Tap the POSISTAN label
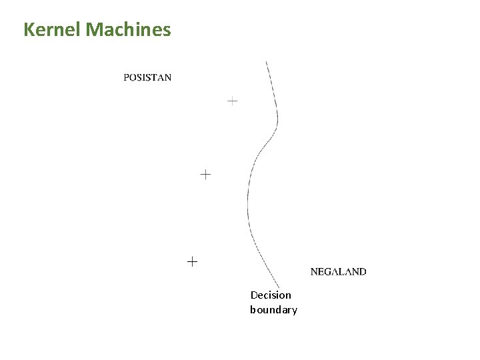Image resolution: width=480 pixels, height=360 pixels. [147, 77]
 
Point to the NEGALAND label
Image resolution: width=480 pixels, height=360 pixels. [338, 272]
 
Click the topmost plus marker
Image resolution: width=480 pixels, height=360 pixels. [231, 101]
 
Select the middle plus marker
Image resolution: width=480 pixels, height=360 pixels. [205, 175]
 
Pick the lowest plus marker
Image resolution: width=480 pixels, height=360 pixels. [192, 262]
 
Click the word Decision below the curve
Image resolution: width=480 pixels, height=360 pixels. [271, 295]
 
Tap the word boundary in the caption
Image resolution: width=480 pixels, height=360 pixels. [273, 310]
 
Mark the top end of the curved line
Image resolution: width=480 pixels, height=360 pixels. [267, 62]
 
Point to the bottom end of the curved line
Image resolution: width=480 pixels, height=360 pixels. [279, 289]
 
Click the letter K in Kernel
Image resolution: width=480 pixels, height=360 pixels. [29, 30]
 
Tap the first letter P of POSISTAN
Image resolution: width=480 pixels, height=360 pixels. [127, 77]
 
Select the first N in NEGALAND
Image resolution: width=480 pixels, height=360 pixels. [315, 272]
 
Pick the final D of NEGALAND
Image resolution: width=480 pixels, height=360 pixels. [362, 272]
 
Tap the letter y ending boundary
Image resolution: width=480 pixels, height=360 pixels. [294, 311]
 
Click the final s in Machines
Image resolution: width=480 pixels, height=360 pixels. [167, 31]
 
